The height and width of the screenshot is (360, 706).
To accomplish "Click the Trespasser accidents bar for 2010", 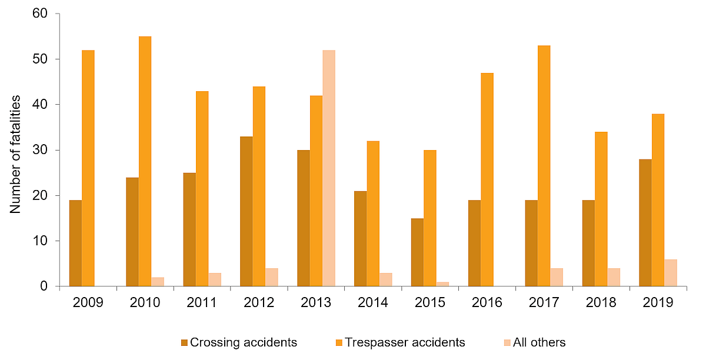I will (145, 162).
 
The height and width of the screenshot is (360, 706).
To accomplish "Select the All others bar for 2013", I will (329, 168).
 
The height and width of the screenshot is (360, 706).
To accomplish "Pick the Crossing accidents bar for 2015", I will (417, 252).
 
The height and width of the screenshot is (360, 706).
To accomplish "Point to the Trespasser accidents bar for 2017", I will (544, 166).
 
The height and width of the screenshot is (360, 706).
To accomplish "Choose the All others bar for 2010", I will (158, 282).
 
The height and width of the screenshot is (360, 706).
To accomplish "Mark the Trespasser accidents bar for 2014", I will (373, 214).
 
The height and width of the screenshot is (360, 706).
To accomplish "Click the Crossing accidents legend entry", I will (243, 342).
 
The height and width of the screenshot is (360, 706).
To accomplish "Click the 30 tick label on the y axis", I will (46, 150).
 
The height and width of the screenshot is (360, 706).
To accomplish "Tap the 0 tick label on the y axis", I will (49, 286).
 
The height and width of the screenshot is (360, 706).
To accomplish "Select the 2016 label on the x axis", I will (487, 303).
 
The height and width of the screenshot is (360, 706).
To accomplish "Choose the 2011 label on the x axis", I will (202, 303).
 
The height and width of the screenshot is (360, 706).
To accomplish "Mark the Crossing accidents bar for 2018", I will (588, 244).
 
